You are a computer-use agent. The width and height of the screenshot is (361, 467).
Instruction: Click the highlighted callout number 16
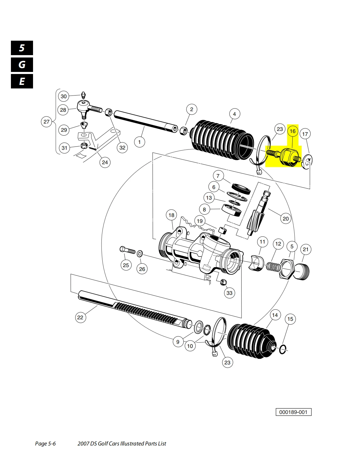tap(293, 131)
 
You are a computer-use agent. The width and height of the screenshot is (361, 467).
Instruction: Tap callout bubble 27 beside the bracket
tap(47, 121)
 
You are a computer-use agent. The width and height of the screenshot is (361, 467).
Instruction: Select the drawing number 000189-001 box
tap(293, 412)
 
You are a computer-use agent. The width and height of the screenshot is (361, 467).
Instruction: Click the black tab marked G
tap(22, 65)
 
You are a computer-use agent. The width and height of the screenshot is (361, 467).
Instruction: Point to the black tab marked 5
tap(22, 48)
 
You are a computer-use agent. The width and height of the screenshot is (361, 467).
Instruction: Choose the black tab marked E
tap(22, 81)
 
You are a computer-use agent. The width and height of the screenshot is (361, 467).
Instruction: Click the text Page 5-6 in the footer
tap(45, 443)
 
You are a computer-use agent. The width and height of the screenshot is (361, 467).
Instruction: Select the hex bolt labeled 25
tap(127, 250)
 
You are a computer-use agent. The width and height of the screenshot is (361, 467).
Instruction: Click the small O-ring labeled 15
tap(282, 349)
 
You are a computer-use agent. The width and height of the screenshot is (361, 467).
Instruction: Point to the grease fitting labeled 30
tap(83, 95)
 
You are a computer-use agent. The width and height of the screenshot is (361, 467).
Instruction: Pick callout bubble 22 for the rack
tap(80, 317)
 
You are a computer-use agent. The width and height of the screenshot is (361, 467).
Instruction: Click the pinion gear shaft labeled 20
tap(258, 214)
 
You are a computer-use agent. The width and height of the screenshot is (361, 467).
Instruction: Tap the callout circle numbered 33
tap(229, 293)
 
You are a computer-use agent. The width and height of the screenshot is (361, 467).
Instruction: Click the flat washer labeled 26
tap(140, 253)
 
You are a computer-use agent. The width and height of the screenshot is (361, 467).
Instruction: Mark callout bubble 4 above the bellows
tap(234, 114)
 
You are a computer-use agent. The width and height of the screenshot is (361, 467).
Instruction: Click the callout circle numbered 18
tap(171, 215)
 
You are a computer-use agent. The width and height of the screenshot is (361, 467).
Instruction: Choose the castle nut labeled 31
tap(83, 145)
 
